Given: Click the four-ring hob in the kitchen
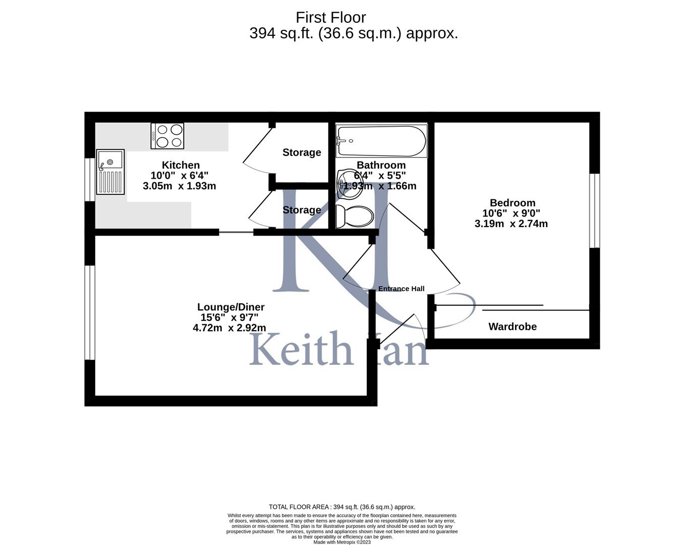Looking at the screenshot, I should tap(167, 136).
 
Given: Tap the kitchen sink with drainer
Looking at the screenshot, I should tap(110, 172).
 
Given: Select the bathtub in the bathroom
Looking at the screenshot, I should tap(382, 141).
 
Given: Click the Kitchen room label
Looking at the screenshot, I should tap(181, 165).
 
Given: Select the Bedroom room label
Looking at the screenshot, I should tap(512, 203).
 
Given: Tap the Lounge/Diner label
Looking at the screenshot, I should tap(231, 307).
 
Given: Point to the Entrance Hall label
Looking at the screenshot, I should tap(402, 289).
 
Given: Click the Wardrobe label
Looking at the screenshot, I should tap(512, 326).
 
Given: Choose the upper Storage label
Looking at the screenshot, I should tap(302, 152).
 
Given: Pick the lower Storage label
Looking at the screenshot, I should tap(302, 210).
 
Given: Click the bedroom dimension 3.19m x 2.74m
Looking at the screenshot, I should tap(511, 224).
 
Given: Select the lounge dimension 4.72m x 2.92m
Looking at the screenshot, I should tap(230, 328).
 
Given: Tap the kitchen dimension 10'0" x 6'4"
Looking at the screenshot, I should tap(180, 176).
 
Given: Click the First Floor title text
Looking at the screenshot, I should tap(330, 18).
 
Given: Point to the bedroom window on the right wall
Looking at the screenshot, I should tap(595, 210).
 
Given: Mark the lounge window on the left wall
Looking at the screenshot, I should tap(90, 312).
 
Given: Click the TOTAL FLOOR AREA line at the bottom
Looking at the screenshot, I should tap(342, 507).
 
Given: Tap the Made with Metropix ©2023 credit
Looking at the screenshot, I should tap(342, 542).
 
